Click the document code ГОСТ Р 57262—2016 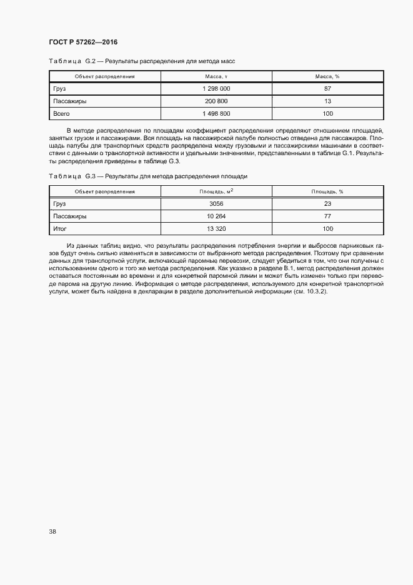click(x=82, y=42)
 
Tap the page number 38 click(x=52, y=532)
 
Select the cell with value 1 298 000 click(x=216, y=89)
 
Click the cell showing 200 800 click(x=216, y=101)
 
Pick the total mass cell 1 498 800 click(x=216, y=113)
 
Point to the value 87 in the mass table click(x=327, y=89)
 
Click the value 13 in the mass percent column click(x=327, y=101)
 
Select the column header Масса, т click(x=216, y=76)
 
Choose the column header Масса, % click(x=327, y=76)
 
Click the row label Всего click(x=61, y=113)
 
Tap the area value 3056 click(x=216, y=204)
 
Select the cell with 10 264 click(x=216, y=216)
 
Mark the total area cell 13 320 click(x=216, y=229)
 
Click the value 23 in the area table click(x=327, y=204)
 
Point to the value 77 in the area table click(x=327, y=216)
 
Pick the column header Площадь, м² click(x=216, y=191)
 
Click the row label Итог click(x=60, y=229)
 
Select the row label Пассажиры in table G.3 click(x=70, y=216)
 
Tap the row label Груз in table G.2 click(x=60, y=89)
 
